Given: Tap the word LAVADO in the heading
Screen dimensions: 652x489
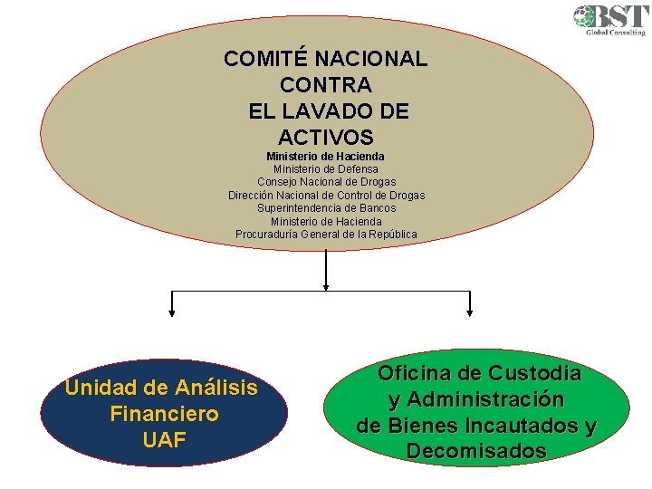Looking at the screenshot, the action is tap(321, 112).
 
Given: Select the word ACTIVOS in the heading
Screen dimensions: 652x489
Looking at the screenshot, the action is tap(325, 139).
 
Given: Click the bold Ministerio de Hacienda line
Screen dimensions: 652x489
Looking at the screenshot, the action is tap(325, 157).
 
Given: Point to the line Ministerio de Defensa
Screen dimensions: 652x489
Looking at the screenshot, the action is tap(326, 169).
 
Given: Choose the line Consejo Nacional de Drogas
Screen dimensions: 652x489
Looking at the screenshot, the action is tap(326, 182).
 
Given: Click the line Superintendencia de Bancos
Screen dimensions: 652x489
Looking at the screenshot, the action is tap(326, 208).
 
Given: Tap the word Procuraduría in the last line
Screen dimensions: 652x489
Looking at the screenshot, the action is tap(269, 235).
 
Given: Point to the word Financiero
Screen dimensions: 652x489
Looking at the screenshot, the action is tap(163, 415).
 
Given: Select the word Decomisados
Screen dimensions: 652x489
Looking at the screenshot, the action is tap(476, 451).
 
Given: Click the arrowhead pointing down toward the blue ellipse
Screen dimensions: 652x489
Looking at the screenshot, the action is tap(172, 312).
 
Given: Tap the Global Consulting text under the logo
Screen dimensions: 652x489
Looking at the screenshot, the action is tap(616, 33).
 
